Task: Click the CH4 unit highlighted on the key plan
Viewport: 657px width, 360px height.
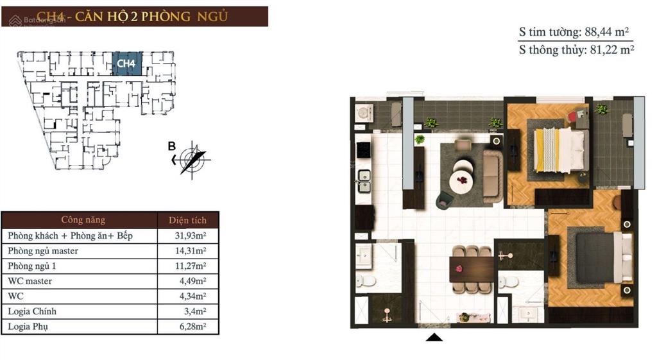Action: (x=126, y=64)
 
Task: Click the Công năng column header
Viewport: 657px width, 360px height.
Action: (x=83, y=220)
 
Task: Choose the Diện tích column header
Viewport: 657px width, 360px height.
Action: (x=187, y=220)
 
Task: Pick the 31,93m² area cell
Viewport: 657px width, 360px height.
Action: (x=187, y=236)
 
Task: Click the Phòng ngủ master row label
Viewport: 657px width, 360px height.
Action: (x=43, y=251)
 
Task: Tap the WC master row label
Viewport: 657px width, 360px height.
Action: (x=30, y=281)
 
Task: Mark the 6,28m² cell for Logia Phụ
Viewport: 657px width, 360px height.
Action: (x=187, y=327)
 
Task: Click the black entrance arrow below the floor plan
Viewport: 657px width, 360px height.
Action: (x=435, y=337)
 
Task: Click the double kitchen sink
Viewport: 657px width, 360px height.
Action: (x=364, y=181)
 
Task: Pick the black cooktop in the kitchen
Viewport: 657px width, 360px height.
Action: (x=364, y=150)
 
